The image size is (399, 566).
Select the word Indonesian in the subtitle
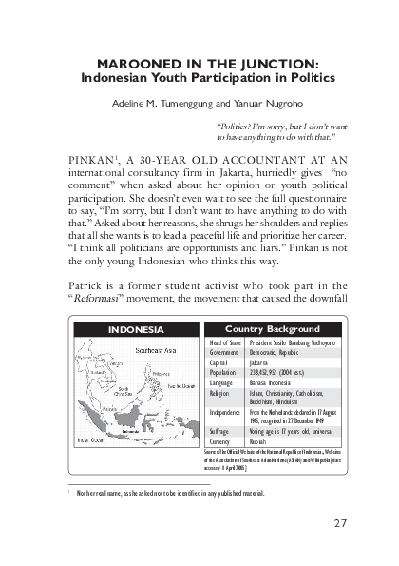coord(123,75)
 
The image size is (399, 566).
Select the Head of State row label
coord(224,341)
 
